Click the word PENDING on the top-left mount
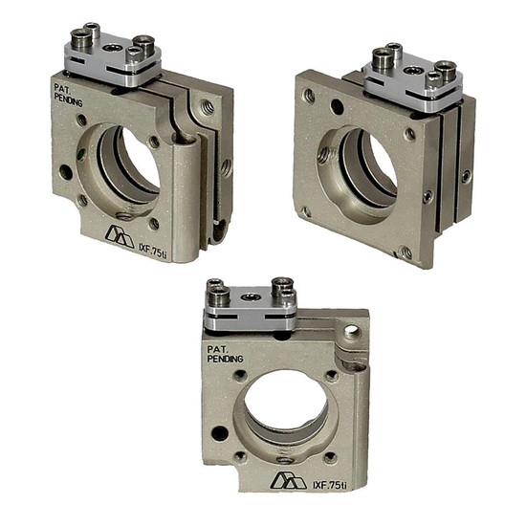coord(69,100)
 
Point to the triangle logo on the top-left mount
coord(120,236)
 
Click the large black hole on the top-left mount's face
coord(66,172)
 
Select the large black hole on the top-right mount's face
coord(337,107)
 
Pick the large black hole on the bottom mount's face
coord(220,433)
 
